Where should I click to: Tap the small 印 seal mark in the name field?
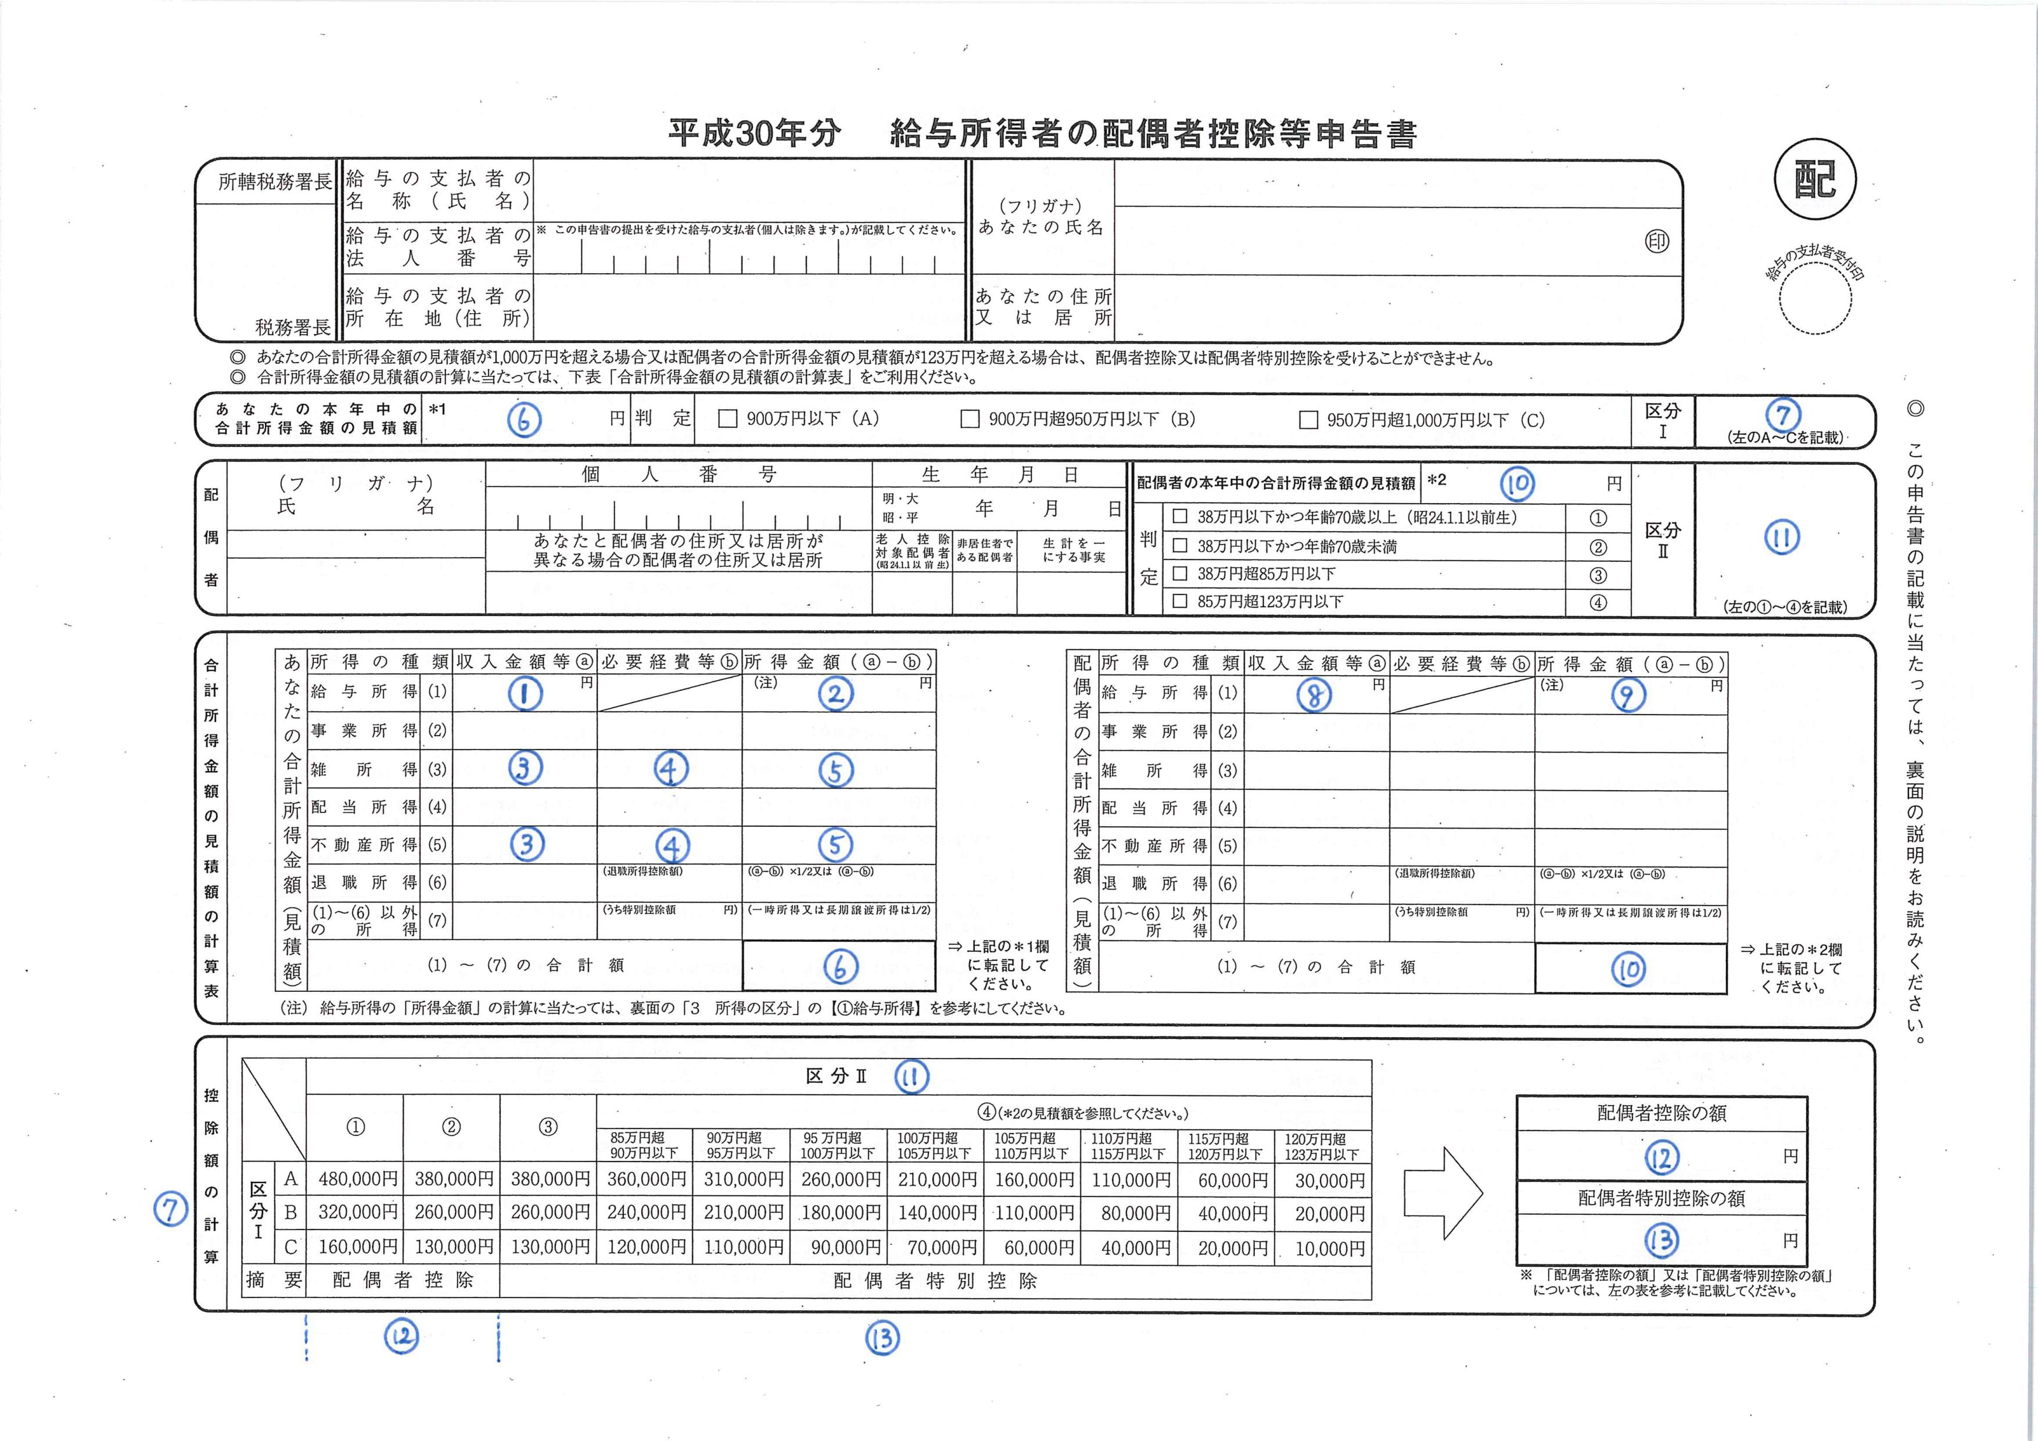[1656, 242]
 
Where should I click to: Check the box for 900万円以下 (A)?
[728, 419]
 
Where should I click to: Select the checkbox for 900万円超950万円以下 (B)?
[970, 419]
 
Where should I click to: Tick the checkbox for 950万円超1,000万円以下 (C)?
[1308, 420]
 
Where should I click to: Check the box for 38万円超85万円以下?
[1181, 573]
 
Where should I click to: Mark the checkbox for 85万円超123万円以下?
[1181, 601]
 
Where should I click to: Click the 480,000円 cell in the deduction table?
[357, 1180]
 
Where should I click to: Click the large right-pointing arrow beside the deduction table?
[1443, 1193]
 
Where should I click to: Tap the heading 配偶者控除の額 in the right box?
[1662, 1113]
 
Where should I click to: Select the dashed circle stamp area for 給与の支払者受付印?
[1815, 298]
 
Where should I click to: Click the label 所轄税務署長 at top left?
[274, 182]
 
